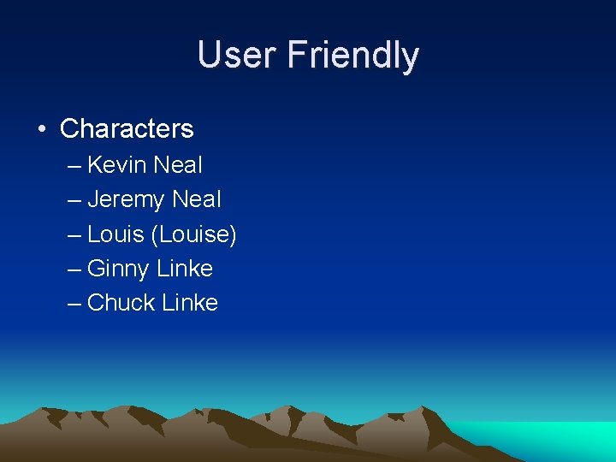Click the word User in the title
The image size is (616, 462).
click(237, 55)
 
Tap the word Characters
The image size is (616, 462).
click(127, 129)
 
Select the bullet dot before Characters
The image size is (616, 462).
click(41, 130)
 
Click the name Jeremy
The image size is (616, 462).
click(126, 200)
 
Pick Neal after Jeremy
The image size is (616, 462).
click(196, 199)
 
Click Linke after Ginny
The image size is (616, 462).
click(185, 268)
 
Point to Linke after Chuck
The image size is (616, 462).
click(189, 302)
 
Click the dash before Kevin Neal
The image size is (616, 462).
click(74, 165)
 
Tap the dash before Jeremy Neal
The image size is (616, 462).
click(74, 200)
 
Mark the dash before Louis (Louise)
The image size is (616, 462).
click(74, 234)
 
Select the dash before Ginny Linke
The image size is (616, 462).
click(74, 269)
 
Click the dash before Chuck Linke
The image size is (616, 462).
click(74, 303)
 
